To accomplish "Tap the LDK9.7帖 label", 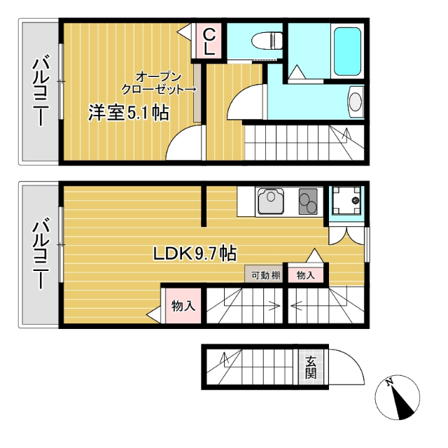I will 194,254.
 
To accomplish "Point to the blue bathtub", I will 346,51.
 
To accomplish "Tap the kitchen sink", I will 271,202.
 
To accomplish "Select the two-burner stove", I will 309,202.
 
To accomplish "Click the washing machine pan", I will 346,202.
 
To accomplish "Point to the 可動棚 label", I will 266,275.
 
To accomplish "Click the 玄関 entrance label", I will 309,366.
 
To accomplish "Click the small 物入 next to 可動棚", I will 306,275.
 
